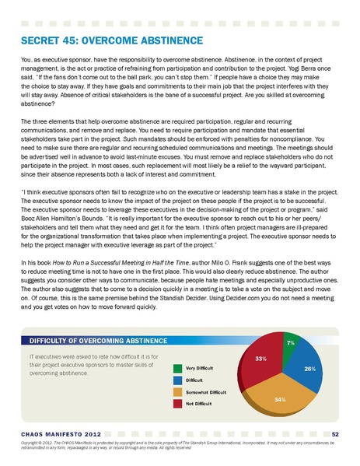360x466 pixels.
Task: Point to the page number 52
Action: tap(334, 433)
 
